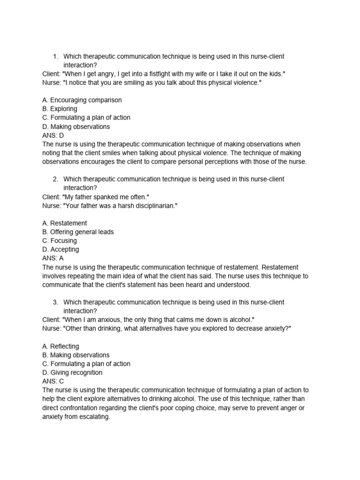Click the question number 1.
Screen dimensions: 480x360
coord(55,57)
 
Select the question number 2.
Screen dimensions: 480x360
coord(55,179)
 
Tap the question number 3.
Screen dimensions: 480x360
coord(55,302)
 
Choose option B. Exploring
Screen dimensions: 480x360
coord(60,109)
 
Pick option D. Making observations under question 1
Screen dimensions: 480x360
coord(76,127)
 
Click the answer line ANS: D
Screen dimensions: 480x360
coord(53,135)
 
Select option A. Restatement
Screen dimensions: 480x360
coord(64,223)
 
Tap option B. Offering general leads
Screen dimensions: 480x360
coord(78,232)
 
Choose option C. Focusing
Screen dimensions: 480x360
coord(59,241)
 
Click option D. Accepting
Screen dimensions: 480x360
coord(60,249)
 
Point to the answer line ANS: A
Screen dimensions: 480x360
coord(53,258)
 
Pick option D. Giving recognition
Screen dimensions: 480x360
coord(72,373)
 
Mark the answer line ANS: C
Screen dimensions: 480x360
coord(53,382)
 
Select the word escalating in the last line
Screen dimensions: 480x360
coord(94,417)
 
